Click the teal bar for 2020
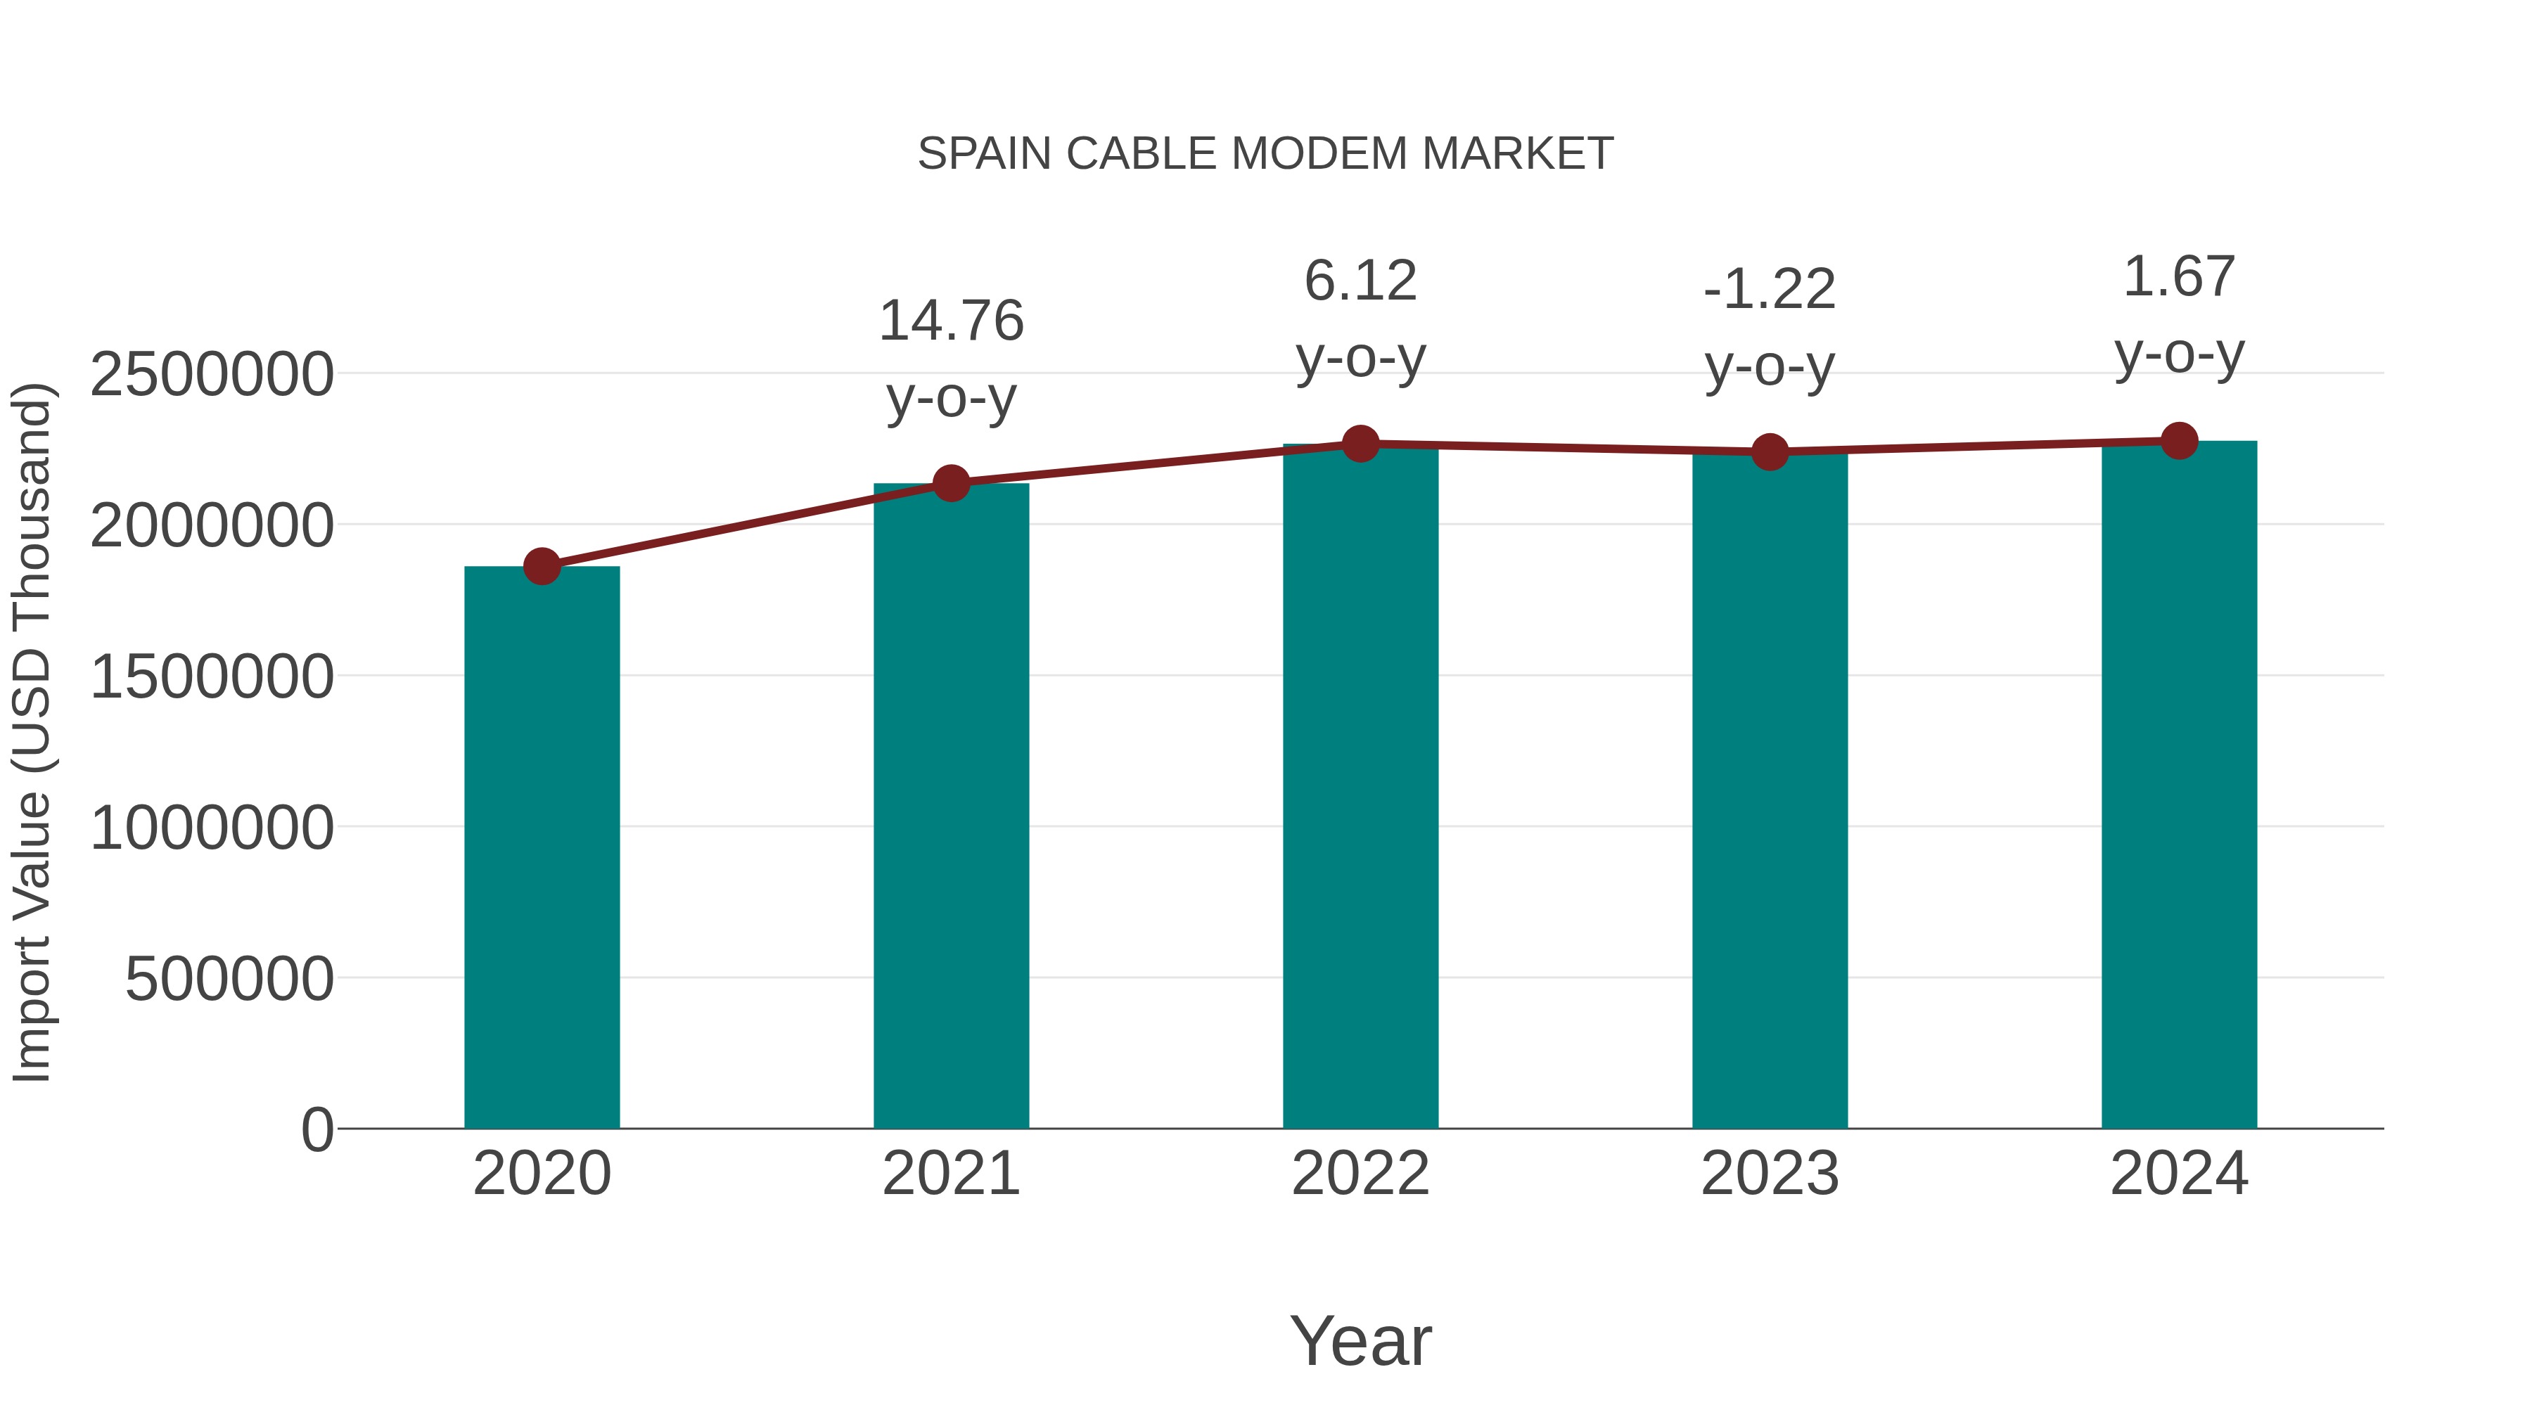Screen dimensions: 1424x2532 542,847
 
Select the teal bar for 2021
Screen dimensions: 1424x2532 950,806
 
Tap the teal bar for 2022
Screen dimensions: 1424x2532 1360,786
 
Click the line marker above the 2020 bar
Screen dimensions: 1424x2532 542,566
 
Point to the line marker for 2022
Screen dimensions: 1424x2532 1360,444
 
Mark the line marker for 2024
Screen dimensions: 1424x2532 2179,441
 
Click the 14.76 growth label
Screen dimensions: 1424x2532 950,321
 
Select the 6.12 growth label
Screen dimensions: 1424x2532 1360,281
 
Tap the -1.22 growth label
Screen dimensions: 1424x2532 1770,290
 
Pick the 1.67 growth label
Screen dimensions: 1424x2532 2179,276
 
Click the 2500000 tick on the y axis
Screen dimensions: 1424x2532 211,374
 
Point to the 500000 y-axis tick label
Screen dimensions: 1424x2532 229,979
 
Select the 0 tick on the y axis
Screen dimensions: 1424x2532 316,1129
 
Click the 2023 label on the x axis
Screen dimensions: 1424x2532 1770,1174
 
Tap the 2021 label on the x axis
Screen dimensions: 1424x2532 950,1174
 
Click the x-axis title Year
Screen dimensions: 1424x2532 1360,1340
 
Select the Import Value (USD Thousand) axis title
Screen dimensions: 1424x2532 32,732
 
